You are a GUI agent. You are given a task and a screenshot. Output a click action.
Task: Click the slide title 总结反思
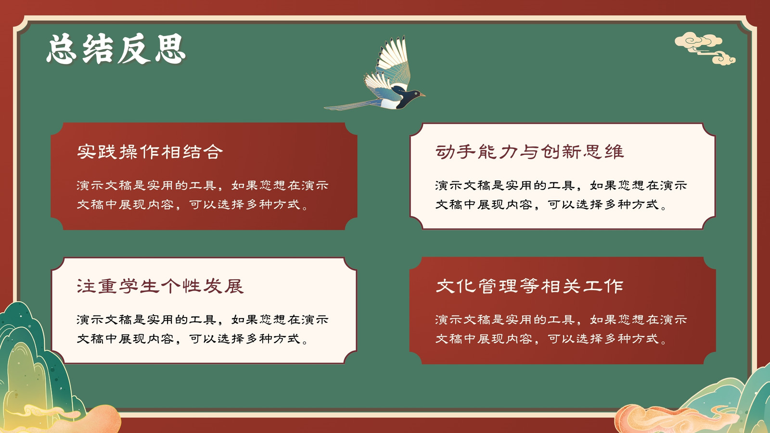tap(116, 49)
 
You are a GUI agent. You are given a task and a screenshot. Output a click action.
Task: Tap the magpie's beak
tap(423, 95)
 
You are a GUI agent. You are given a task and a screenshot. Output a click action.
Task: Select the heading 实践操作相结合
tap(150, 152)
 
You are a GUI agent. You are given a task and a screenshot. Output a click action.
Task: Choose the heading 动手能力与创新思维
tap(529, 152)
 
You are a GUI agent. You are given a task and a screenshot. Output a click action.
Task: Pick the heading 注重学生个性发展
tap(160, 286)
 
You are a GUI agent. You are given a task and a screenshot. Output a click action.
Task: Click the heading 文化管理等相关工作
tap(529, 286)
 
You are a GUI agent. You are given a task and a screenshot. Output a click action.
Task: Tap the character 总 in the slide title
tap(62, 49)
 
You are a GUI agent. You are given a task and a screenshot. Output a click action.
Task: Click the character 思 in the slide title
tap(170, 49)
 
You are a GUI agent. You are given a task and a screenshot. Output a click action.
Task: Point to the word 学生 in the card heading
tap(139, 286)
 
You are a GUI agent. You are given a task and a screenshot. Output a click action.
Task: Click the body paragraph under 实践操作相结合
tap(203, 195)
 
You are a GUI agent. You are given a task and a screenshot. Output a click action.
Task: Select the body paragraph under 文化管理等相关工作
tap(561, 329)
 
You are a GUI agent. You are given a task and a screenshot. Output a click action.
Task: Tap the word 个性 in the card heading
tap(181, 286)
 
